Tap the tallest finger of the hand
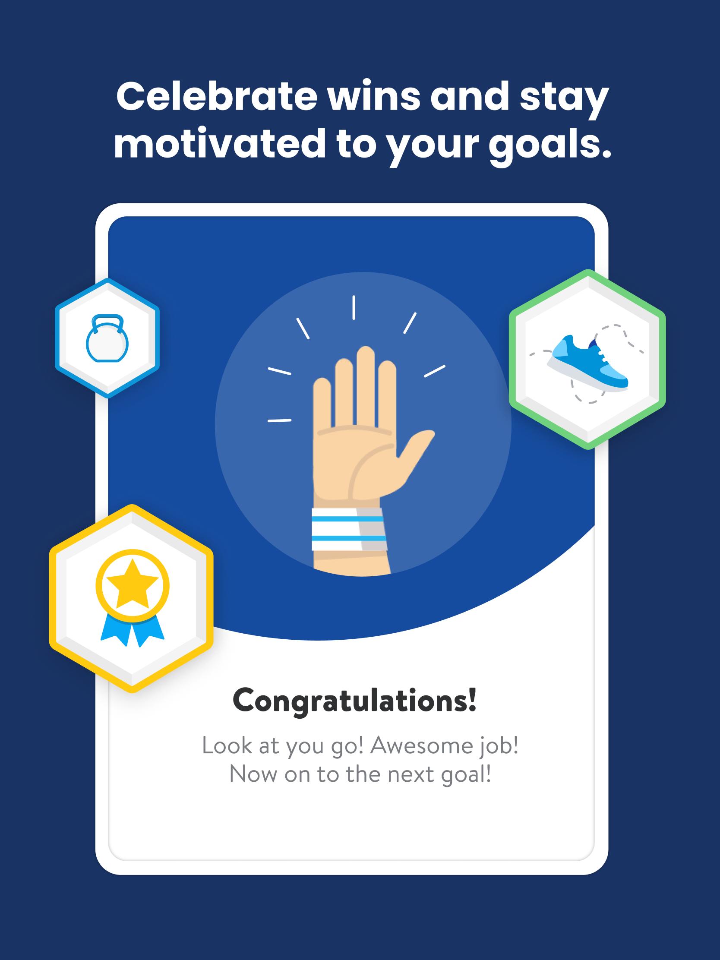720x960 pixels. click(x=366, y=386)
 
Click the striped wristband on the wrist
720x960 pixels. click(x=347, y=530)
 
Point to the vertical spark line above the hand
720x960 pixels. click(x=354, y=307)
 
